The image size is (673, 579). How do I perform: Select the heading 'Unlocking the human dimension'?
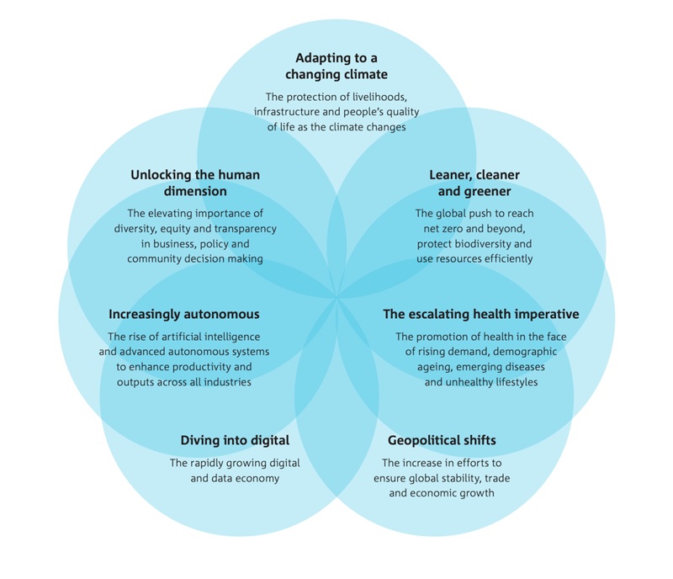point(195,183)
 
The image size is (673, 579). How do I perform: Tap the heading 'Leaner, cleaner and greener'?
point(474,183)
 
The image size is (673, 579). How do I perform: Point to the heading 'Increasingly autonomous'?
point(183,315)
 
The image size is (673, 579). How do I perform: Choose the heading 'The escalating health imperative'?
point(481,315)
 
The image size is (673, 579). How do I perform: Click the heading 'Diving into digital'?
point(235,440)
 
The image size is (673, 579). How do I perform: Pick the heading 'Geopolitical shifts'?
point(442,440)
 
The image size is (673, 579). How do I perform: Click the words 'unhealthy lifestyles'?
point(481,382)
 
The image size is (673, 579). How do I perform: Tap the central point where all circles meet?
point(336,296)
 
